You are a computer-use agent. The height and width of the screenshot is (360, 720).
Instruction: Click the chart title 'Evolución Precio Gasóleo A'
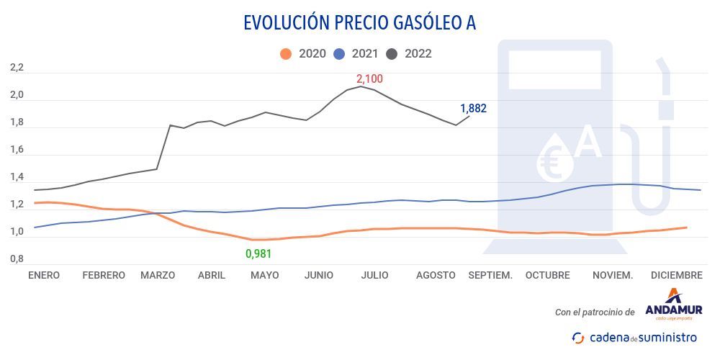(x=359, y=23)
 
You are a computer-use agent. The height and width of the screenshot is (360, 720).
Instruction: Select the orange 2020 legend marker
(x=286, y=54)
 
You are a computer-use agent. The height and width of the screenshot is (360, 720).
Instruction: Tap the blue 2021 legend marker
(x=339, y=54)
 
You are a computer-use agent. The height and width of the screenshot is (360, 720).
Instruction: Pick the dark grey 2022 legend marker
(x=392, y=54)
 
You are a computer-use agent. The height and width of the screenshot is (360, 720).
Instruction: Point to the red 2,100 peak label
(x=369, y=78)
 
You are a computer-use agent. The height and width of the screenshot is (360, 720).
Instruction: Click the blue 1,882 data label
(x=473, y=109)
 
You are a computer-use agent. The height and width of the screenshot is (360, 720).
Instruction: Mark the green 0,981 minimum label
(x=258, y=253)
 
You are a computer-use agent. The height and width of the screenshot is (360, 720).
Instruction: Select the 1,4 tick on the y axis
(x=17, y=177)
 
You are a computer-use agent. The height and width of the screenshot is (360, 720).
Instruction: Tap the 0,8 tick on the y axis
(x=17, y=258)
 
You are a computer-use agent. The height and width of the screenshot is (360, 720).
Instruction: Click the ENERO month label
(x=43, y=275)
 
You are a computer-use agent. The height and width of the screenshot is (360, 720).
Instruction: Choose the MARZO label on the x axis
(x=158, y=275)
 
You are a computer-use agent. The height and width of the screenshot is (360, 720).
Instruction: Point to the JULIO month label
(x=374, y=275)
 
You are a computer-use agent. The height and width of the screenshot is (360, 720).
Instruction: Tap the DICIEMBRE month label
(x=676, y=275)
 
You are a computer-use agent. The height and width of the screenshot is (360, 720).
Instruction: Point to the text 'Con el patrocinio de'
(x=595, y=312)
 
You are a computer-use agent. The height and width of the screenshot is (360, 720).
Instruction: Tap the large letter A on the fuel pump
(x=588, y=142)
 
